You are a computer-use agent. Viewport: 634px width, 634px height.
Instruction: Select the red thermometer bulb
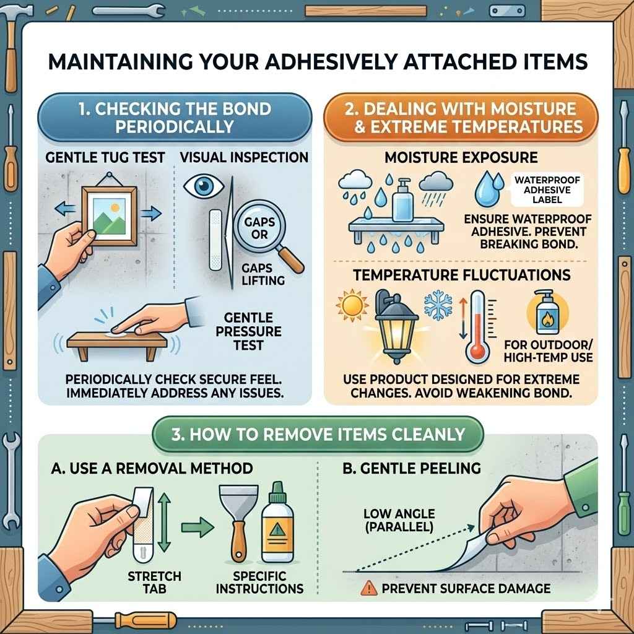[x=477, y=352]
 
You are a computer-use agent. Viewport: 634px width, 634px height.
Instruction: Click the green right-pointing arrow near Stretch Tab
[x=196, y=528]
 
